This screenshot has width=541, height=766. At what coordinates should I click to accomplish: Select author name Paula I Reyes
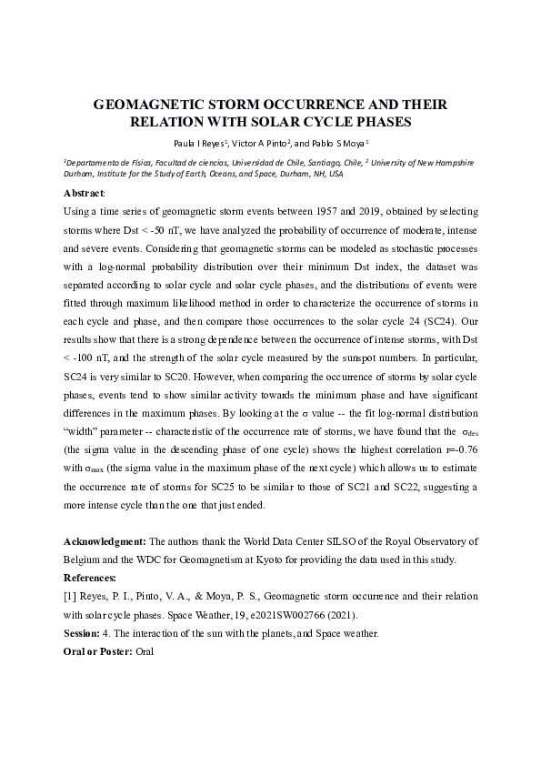pos(201,143)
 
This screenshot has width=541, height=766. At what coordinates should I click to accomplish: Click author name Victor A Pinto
pos(259,143)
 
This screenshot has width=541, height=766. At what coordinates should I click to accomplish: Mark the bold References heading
pos(89,578)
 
